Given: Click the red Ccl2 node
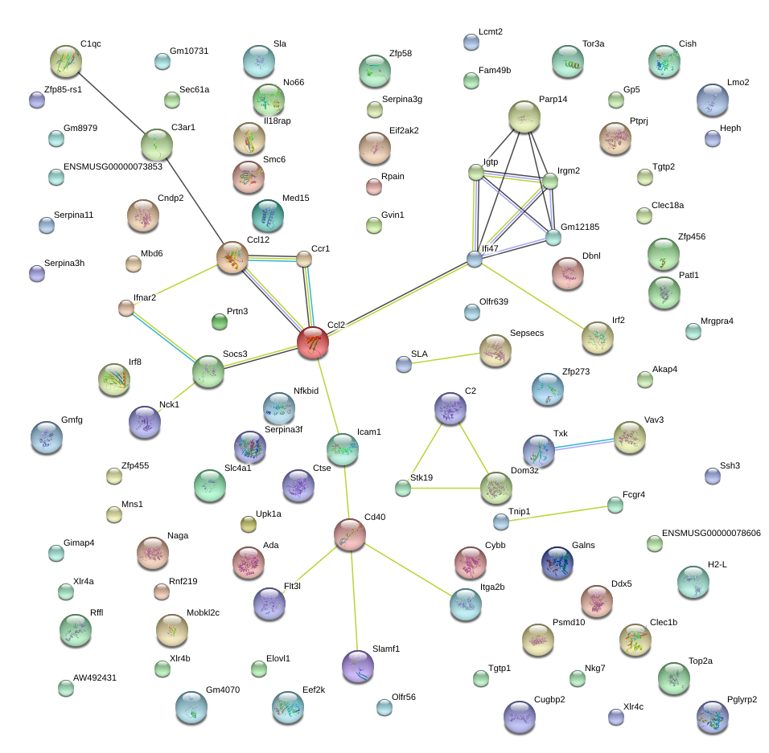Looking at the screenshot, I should (x=313, y=342).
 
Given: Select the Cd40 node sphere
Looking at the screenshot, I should (x=350, y=535).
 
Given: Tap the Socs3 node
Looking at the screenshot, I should (x=209, y=371).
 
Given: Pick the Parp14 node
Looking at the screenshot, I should (x=524, y=117).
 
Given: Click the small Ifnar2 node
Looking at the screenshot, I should (x=125, y=308).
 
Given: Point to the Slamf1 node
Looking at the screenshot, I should (x=358, y=665).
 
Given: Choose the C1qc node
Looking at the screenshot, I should (x=66, y=61).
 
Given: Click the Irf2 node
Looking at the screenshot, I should (x=597, y=338).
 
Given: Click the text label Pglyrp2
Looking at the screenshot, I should (x=741, y=699).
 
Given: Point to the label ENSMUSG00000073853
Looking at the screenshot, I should (x=113, y=167).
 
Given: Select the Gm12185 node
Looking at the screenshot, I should (x=553, y=237).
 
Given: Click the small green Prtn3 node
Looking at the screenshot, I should (x=220, y=322).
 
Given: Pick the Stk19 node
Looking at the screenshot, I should (x=403, y=488).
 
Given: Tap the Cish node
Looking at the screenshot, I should (x=664, y=62).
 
